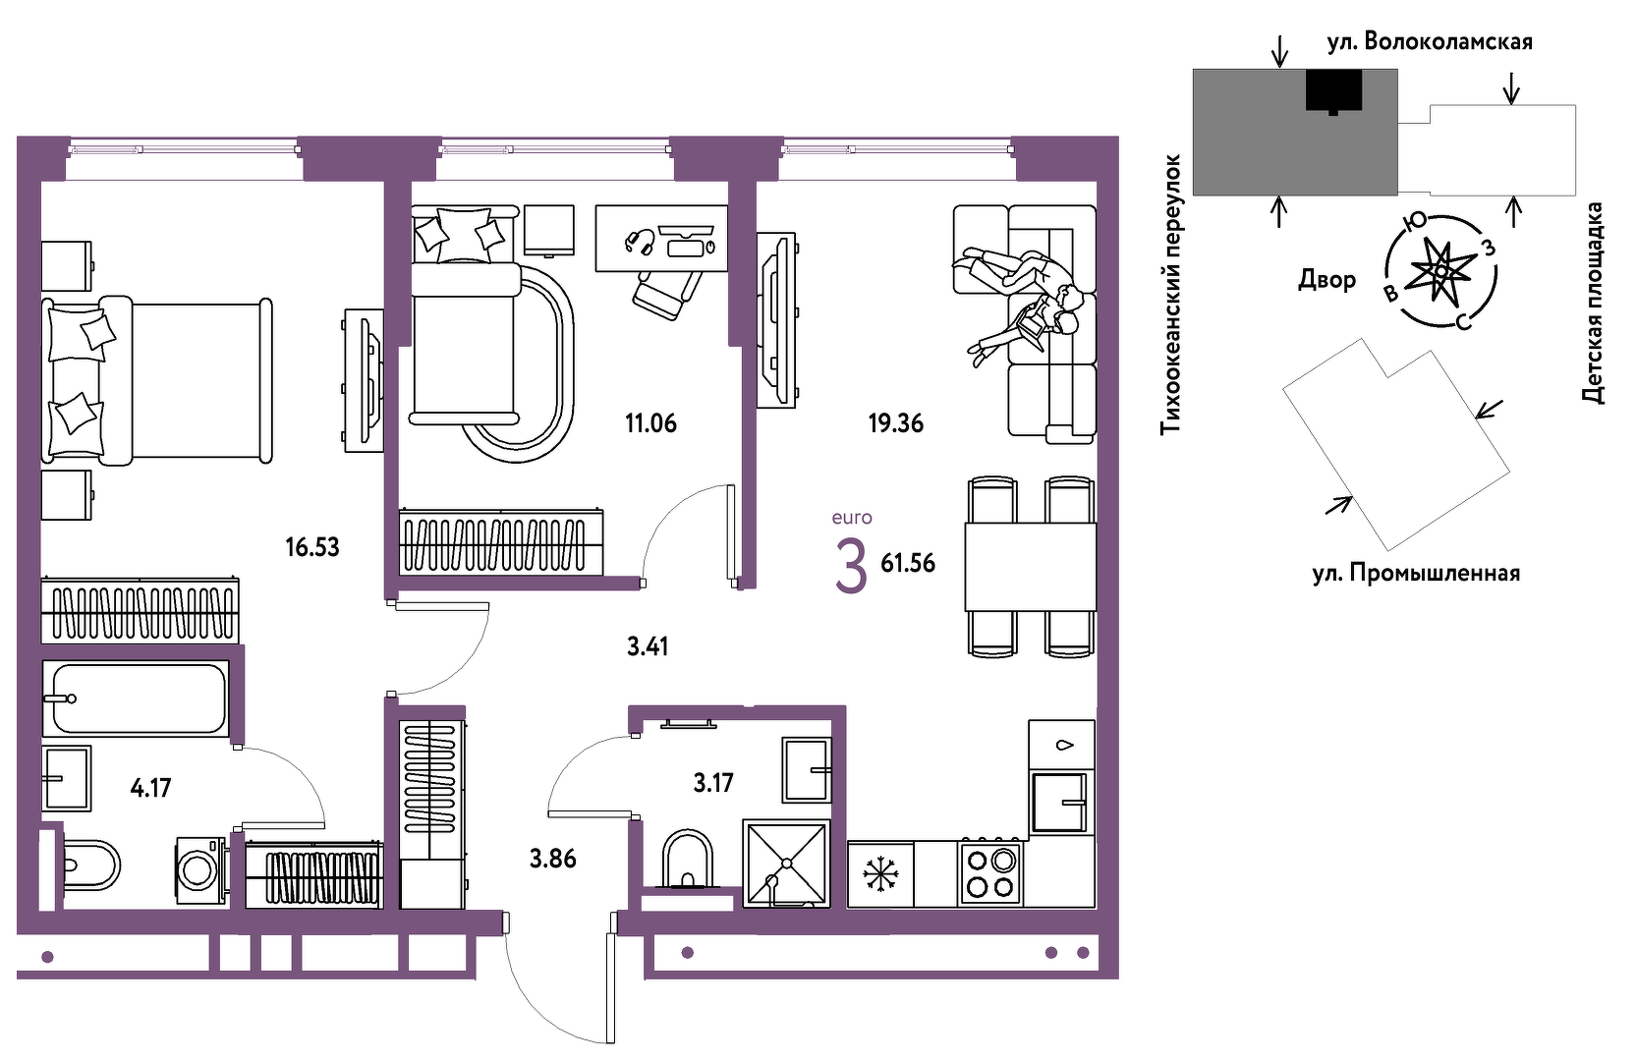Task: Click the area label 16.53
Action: click(x=312, y=547)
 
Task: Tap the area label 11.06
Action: click(x=650, y=422)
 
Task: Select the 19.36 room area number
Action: click(x=896, y=422)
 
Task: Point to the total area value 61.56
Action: click(x=908, y=564)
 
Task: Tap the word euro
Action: click(x=852, y=518)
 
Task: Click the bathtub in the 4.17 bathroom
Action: click(x=136, y=698)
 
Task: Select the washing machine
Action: click(x=200, y=870)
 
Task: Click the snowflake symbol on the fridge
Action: click(x=880, y=874)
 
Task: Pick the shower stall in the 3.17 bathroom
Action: click(x=787, y=864)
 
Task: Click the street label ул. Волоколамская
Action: click(x=1430, y=42)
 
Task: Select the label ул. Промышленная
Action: click(x=1416, y=574)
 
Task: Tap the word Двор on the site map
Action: click(x=1327, y=279)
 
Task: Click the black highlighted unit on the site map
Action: click(x=1333, y=90)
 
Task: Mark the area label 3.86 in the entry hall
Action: click(x=553, y=859)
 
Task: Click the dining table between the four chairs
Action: click(x=1031, y=567)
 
